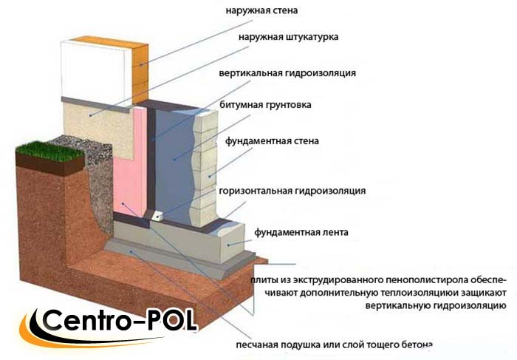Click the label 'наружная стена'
(261, 10)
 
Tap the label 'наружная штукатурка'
(289, 37)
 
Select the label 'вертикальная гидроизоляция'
(287, 73)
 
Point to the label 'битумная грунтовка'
(265, 105)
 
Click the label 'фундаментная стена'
(272, 141)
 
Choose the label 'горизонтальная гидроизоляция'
(292, 191)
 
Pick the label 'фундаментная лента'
(301, 232)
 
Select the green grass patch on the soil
(49, 151)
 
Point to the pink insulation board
(130, 162)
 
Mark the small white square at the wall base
(157, 216)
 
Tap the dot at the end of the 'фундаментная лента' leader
(228, 245)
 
